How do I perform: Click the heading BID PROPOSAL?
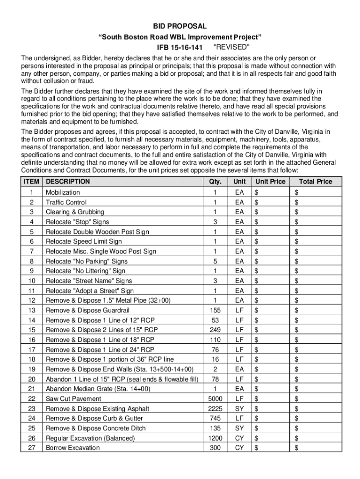[x=180, y=27]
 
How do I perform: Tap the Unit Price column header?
[x=270, y=181]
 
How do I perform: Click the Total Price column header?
[x=316, y=181]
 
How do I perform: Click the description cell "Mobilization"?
[x=63, y=192]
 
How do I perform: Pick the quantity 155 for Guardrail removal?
[x=215, y=310]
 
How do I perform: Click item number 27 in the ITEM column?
[x=32, y=448]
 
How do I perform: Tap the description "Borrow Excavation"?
[x=72, y=448]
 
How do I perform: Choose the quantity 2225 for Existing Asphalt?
[x=215, y=408]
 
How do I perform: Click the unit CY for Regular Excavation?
[x=239, y=438]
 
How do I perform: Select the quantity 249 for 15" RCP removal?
[x=215, y=330]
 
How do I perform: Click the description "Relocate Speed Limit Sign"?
[x=84, y=241]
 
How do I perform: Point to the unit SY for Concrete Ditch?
[x=239, y=428]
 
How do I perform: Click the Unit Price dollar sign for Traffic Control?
[x=255, y=202]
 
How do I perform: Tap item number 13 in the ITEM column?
[x=32, y=310]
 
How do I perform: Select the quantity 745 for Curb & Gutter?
[x=215, y=418]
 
